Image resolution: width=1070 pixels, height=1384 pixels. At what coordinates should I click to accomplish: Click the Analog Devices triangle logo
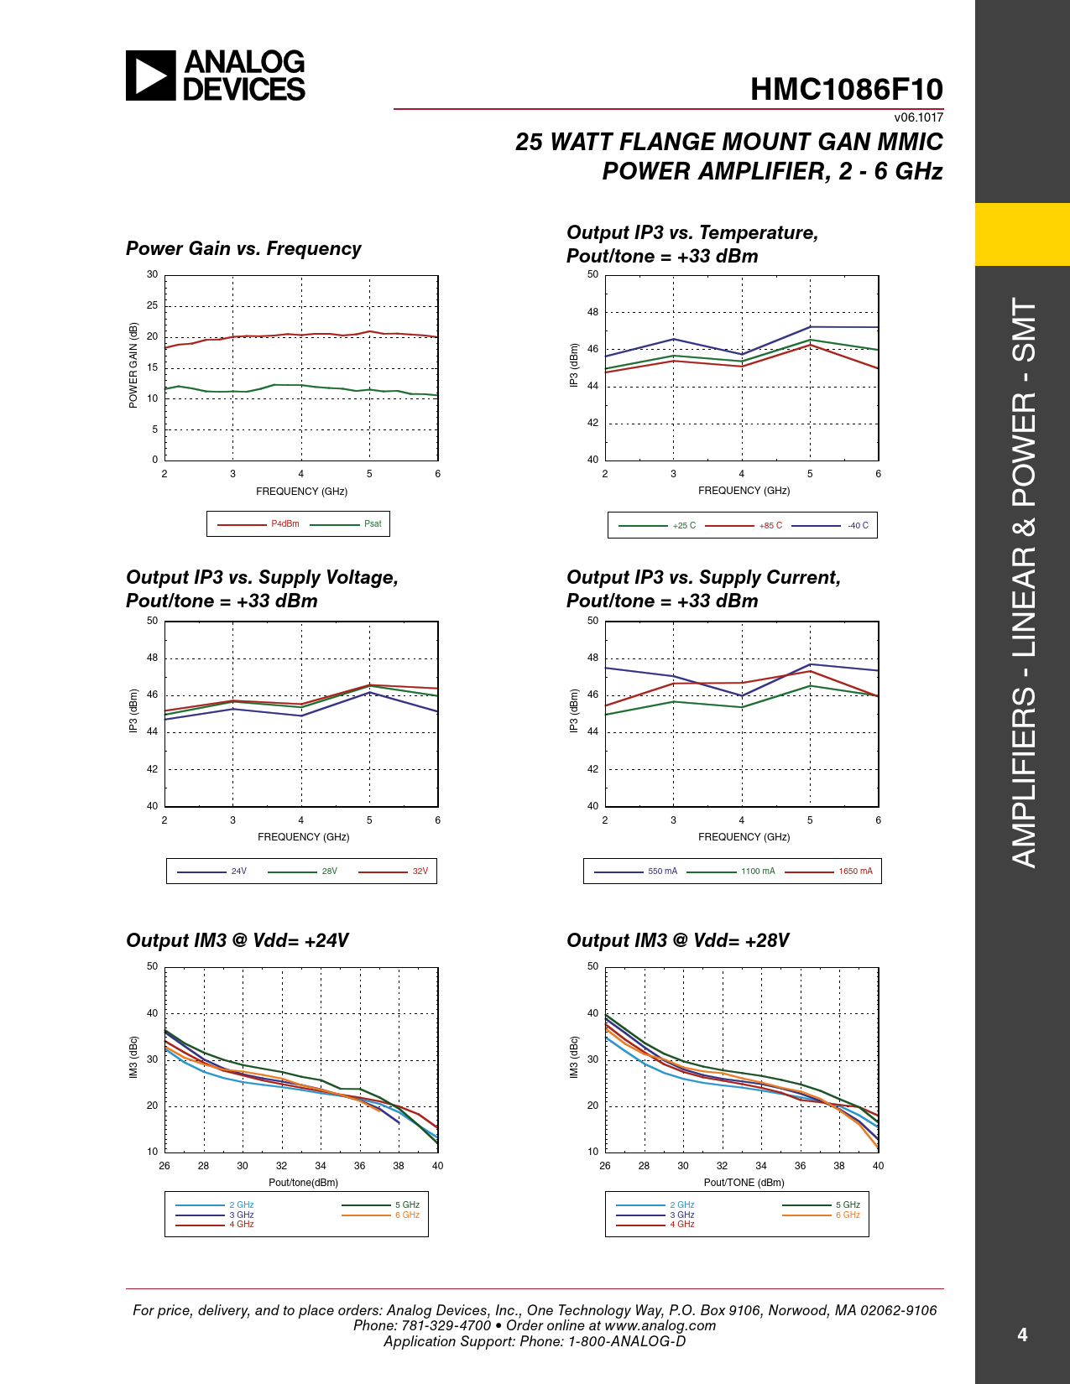[x=150, y=75]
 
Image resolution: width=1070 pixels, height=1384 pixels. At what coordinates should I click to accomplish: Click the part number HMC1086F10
[x=846, y=89]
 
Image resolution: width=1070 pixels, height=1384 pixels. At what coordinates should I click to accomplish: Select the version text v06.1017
[x=918, y=117]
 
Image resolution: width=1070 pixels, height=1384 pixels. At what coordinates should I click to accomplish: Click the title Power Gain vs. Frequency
[x=243, y=248]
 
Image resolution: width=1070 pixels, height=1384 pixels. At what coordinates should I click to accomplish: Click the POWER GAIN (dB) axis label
[x=133, y=366]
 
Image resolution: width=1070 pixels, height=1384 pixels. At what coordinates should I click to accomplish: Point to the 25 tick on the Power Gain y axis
[x=152, y=305]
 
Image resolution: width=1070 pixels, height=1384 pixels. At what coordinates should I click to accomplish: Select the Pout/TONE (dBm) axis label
[x=744, y=1182]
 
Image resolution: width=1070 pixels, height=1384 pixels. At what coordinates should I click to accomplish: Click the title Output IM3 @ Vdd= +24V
[x=237, y=940]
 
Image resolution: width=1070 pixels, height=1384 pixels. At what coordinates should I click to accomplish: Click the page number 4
[x=1022, y=1335]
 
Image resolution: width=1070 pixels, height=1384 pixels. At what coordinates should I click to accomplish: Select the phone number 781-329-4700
[x=446, y=1325]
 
